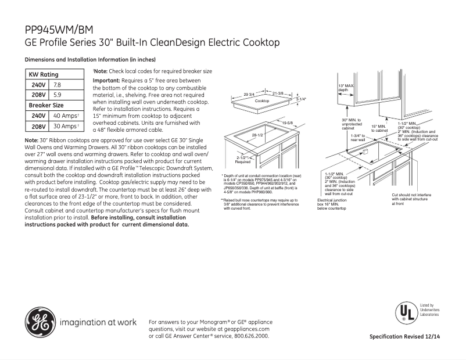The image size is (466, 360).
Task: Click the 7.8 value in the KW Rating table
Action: point(58,85)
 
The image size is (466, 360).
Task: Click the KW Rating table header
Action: point(44,75)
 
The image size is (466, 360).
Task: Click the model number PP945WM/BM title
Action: point(58,28)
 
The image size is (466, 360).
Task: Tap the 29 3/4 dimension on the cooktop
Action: point(249,93)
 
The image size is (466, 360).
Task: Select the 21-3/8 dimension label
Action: point(278,93)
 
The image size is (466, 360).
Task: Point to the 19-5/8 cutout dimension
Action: point(287,124)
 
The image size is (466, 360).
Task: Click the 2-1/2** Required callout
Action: point(243,160)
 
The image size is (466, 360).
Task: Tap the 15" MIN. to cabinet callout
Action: point(379,128)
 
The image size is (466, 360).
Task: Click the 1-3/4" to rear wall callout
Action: point(358,138)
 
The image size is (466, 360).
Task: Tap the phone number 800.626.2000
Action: point(249,336)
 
